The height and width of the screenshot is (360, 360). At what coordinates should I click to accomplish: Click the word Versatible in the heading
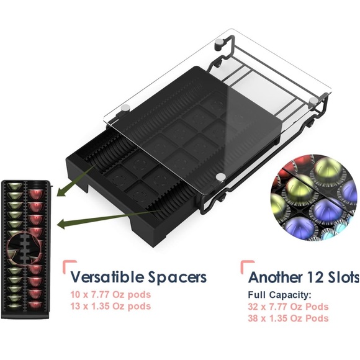tap(107, 277)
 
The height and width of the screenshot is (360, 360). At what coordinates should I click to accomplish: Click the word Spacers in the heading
tap(178, 278)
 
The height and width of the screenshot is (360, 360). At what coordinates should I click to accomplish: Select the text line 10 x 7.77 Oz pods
tap(110, 295)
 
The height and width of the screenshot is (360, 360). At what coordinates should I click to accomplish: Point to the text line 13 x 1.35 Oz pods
tap(110, 306)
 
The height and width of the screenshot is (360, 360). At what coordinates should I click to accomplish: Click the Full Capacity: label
tap(279, 295)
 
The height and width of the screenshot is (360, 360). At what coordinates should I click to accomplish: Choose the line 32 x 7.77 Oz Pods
tap(288, 307)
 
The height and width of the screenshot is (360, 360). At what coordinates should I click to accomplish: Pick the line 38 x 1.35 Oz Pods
tap(288, 318)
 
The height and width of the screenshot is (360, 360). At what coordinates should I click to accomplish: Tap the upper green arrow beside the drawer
tap(76, 180)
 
